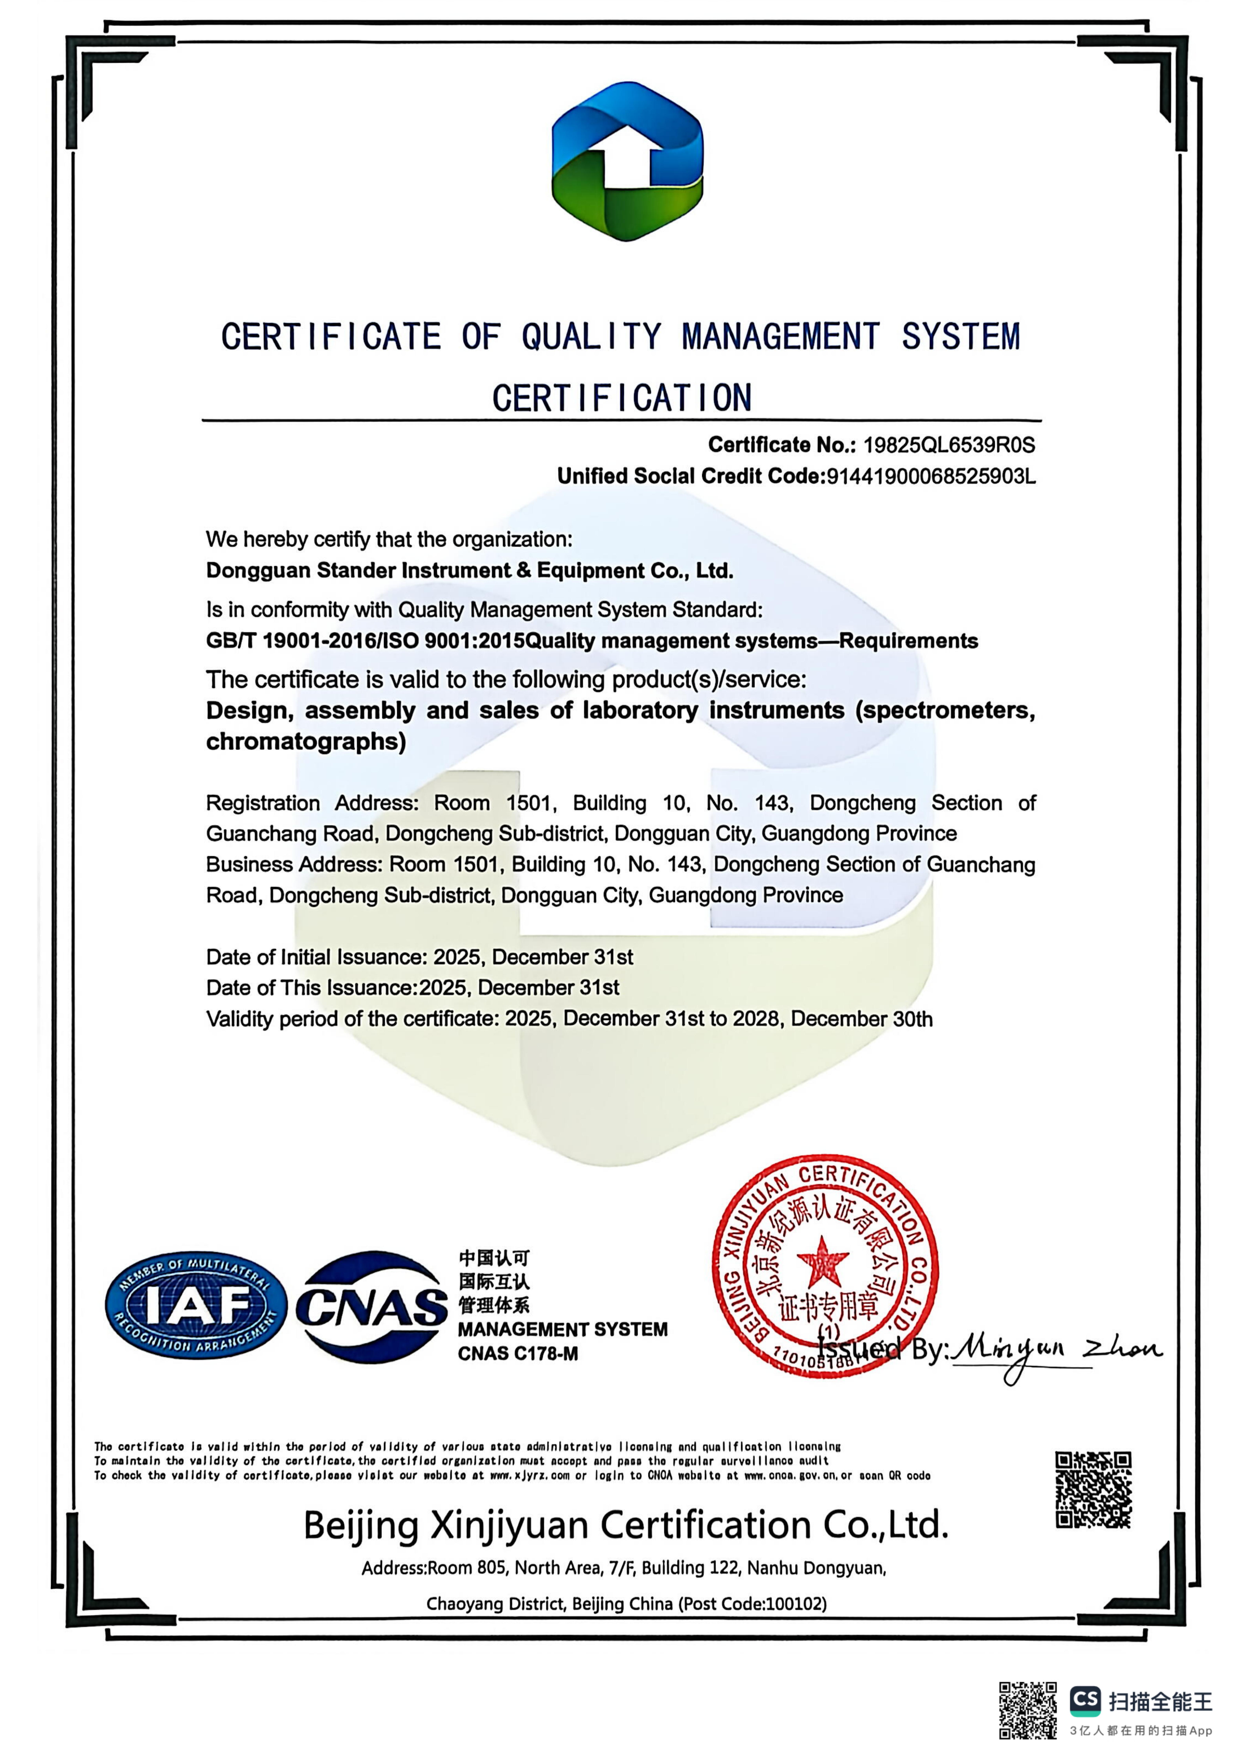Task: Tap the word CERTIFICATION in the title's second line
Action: (622, 398)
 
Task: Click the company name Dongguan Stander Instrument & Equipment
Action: (469, 570)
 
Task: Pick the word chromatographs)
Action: (305, 742)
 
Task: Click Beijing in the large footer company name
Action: (360, 1525)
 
